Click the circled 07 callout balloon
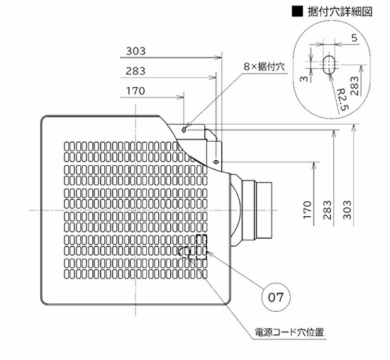tap(276, 297)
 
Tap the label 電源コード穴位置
tap(289, 332)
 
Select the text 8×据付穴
tap(264, 67)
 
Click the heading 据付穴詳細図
tap(340, 11)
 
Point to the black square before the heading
tap(297, 11)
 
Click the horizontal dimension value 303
tap(135, 51)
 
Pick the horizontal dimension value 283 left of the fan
tap(135, 71)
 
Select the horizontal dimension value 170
tap(135, 91)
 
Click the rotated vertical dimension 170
tap(308, 210)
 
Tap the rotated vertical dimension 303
tap(347, 210)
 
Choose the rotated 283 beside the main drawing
tap(328, 210)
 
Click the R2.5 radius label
tap(342, 99)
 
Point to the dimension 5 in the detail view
tap(354, 38)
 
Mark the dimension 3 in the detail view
tap(303, 79)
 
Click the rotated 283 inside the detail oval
tap(354, 86)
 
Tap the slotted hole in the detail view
tap(330, 64)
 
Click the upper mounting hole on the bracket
tap(184, 130)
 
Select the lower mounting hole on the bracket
tap(216, 162)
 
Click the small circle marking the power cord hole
tap(184, 252)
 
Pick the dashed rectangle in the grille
tap(201, 247)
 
